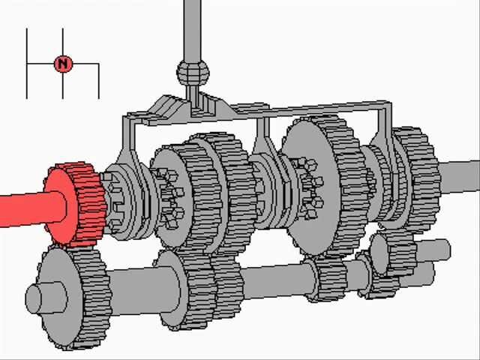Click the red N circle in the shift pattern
63,64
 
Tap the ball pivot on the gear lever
193,72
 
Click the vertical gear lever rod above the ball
193,30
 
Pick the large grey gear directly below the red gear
73,298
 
